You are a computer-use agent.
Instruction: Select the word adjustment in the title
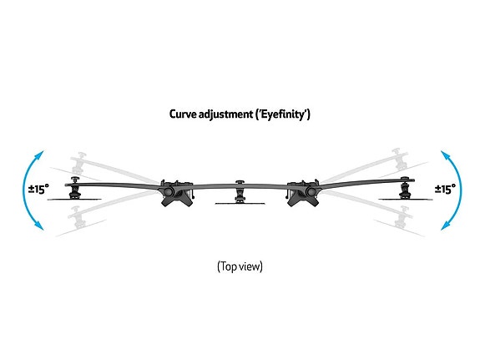[x=226, y=114]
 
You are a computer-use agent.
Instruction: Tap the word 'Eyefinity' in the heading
[x=283, y=114]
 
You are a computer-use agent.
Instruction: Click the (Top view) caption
[x=240, y=266]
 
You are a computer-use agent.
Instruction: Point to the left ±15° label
[x=38, y=189]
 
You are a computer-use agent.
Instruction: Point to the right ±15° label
[x=445, y=189]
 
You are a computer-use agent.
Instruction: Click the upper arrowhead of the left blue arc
[x=39, y=155]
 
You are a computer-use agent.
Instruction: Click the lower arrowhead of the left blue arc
[x=39, y=226]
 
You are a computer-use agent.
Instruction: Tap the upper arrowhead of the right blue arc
[x=446, y=155]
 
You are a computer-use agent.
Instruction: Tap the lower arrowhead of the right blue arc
[x=446, y=226]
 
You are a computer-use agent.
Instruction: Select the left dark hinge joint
[x=177, y=193]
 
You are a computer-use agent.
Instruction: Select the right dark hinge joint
[x=303, y=193]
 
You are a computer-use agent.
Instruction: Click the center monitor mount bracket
[x=240, y=191]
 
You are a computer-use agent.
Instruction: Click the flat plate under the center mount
[x=240, y=203]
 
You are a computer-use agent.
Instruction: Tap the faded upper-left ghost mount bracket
[x=79, y=163]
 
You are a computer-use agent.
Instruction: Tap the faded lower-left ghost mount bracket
[x=78, y=217]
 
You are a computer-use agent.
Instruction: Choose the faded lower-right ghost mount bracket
[x=402, y=217]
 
